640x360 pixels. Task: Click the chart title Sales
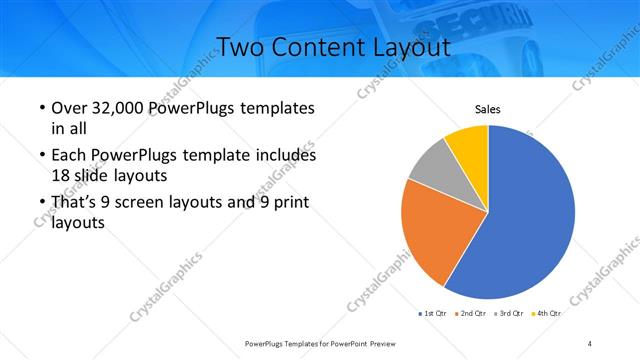coord(487,110)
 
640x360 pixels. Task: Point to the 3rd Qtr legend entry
coord(509,314)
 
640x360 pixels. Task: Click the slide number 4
coord(590,343)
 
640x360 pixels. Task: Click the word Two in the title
coord(241,48)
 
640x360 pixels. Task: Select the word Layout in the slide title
coord(406,48)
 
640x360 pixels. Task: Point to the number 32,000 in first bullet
coord(115,108)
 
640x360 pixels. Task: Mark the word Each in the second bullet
coord(68,156)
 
